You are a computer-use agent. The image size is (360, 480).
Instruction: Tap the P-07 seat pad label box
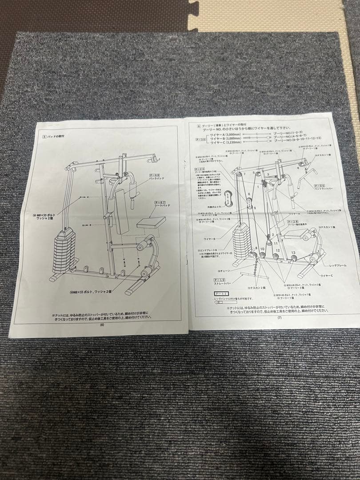(155, 203)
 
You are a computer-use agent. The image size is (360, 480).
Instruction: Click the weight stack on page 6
(64, 251)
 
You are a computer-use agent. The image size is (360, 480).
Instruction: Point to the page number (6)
(102, 325)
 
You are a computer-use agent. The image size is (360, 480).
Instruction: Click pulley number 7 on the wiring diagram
(244, 174)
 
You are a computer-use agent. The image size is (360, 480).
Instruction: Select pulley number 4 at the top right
(297, 168)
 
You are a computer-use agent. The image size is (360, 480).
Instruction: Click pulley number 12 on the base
(277, 251)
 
